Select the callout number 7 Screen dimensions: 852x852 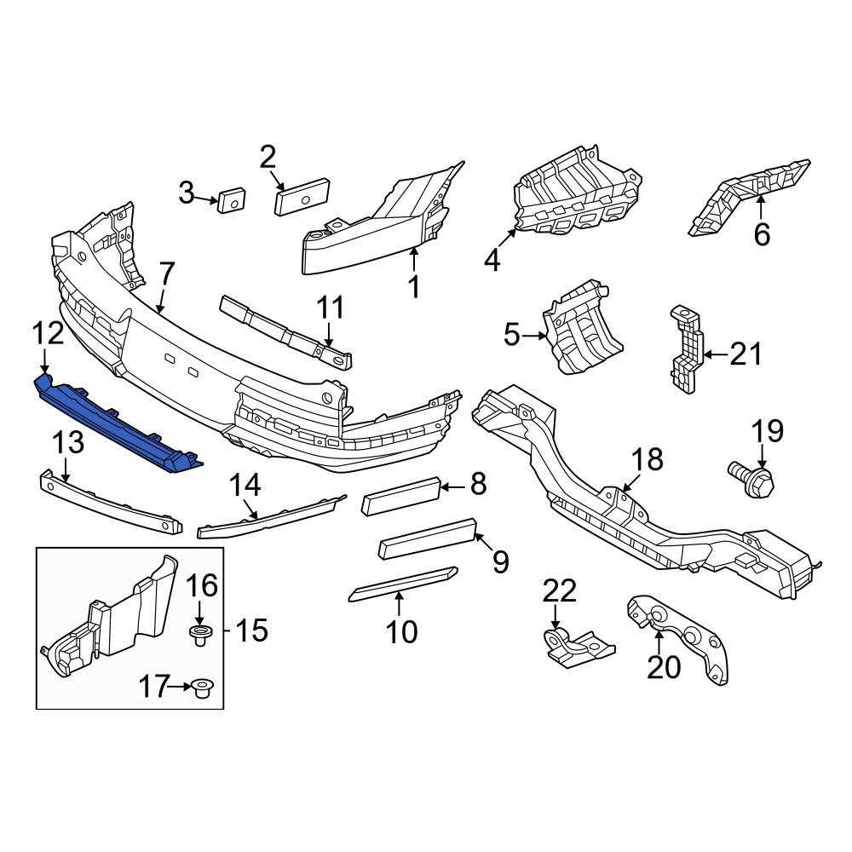coord(166,274)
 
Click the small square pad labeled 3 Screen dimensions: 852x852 coord(231,201)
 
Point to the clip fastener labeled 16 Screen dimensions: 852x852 coord(199,634)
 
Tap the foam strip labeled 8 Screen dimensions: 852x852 coord(400,496)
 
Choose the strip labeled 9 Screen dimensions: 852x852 coord(426,539)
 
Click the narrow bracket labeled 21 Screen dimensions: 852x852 coord(688,351)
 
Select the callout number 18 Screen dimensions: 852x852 coord(647,460)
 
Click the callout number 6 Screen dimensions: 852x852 coord(761,233)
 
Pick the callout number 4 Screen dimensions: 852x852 coord(492,259)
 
